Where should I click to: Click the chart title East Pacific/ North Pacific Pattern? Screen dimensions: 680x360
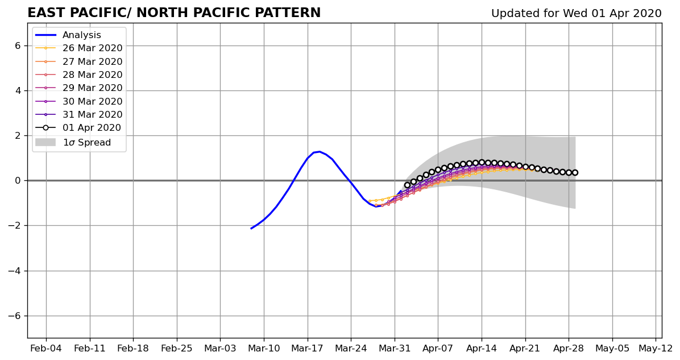tap(174, 13)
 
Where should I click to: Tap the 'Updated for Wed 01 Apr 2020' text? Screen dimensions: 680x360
tap(577, 14)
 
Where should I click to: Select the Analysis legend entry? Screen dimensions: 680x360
tap(68, 35)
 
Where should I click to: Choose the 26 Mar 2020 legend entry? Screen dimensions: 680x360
tap(79, 48)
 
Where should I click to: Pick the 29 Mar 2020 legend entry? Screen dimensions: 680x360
tap(79, 88)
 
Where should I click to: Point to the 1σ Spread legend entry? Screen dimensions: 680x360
tap(73, 142)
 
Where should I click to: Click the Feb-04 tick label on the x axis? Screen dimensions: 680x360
tap(46, 348)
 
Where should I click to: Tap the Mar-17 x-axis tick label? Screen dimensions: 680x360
tap(308, 348)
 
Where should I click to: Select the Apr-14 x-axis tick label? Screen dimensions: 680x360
tap(482, 348)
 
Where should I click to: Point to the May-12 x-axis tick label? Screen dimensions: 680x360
tap(656, 348)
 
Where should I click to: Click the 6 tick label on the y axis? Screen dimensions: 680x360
tap(18, 46)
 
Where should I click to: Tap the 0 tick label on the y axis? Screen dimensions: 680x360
tap(18, 180)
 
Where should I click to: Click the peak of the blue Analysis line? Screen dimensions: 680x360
tap(320, 151)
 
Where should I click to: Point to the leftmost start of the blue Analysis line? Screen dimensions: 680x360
tap(251, 229)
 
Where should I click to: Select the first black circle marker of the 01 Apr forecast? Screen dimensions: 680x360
tap(407, 185)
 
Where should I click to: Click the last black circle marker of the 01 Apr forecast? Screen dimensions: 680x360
tap(575, 173)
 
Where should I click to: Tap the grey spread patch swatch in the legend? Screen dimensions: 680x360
tap(45, 142)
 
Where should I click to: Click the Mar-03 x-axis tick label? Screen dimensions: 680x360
tap(220, 348)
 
